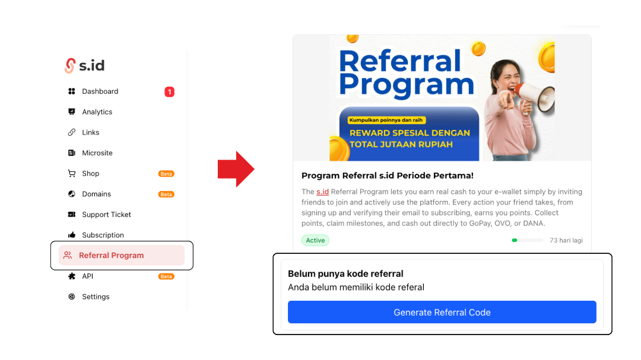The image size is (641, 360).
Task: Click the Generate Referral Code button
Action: click(442, 312)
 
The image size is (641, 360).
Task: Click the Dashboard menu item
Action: click(100, 91)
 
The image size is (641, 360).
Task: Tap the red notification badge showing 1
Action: click(169, 92)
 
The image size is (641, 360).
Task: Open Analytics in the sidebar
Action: click(97, 112)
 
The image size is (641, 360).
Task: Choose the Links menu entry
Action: click(90, 132)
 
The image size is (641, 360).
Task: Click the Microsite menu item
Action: click(97, 153)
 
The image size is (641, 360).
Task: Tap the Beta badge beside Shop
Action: click(166, 174)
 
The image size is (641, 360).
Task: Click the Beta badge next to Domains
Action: click(166, 194)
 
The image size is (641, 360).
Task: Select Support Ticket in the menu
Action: click(106, 215)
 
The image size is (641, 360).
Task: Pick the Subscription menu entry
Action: click(103, 235)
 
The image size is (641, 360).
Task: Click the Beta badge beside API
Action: click(166, 276)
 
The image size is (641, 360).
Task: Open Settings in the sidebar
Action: click(96, 297)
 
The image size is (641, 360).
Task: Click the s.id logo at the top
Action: click(85, 65)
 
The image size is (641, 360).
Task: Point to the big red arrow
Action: click(236, 169)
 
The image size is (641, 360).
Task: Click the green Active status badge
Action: click(315, 240)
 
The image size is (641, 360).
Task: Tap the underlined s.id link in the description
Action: click(322, 192)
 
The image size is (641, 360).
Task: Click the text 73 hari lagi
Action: click(566, 240)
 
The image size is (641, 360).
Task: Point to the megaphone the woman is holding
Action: click(535, 97)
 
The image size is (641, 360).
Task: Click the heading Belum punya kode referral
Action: click(345, 274)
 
